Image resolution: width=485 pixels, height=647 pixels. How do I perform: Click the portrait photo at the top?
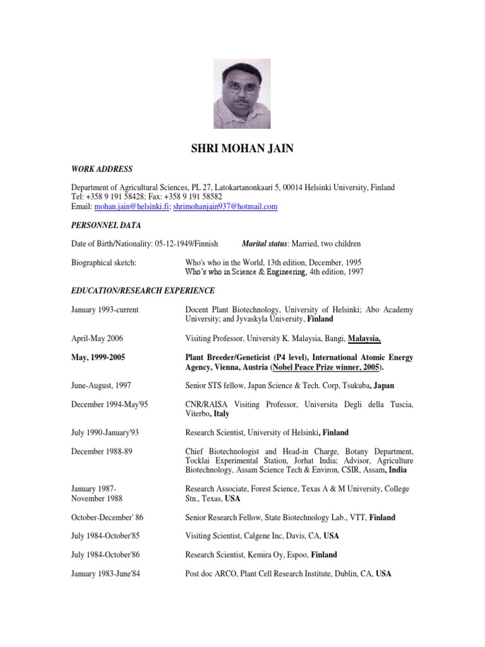click(x=242, y=94)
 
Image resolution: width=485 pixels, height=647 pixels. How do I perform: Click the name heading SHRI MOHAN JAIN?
click(x=242, y=149)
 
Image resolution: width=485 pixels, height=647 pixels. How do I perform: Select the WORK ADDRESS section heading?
click(x=102, y=169)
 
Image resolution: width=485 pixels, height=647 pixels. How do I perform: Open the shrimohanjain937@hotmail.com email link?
click(x=225, y=207)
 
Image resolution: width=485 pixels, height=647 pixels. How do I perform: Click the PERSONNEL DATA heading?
click(x=105, y=225)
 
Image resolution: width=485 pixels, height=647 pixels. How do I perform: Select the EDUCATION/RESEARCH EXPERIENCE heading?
click(x=143, y=291)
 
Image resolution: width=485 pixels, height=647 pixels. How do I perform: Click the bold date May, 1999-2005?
click(x=98, y=358)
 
